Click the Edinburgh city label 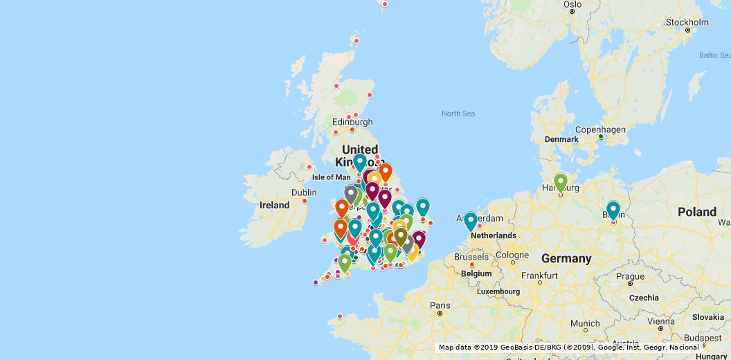(352, 123)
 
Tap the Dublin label (304, 192)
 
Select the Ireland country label (274, 206)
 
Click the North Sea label (458, 114)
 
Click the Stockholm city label (687, 22)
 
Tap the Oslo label (572, 5)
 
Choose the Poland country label (697, 212)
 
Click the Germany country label (566, 259)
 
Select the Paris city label (440, 305)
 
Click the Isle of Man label (331, 177)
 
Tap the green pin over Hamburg (561, 182)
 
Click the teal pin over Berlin (613, 210)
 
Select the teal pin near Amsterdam (471, 221)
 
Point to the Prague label (631, 276)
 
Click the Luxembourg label (498, 292)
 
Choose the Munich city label (586, 323)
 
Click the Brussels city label (472, 257)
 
